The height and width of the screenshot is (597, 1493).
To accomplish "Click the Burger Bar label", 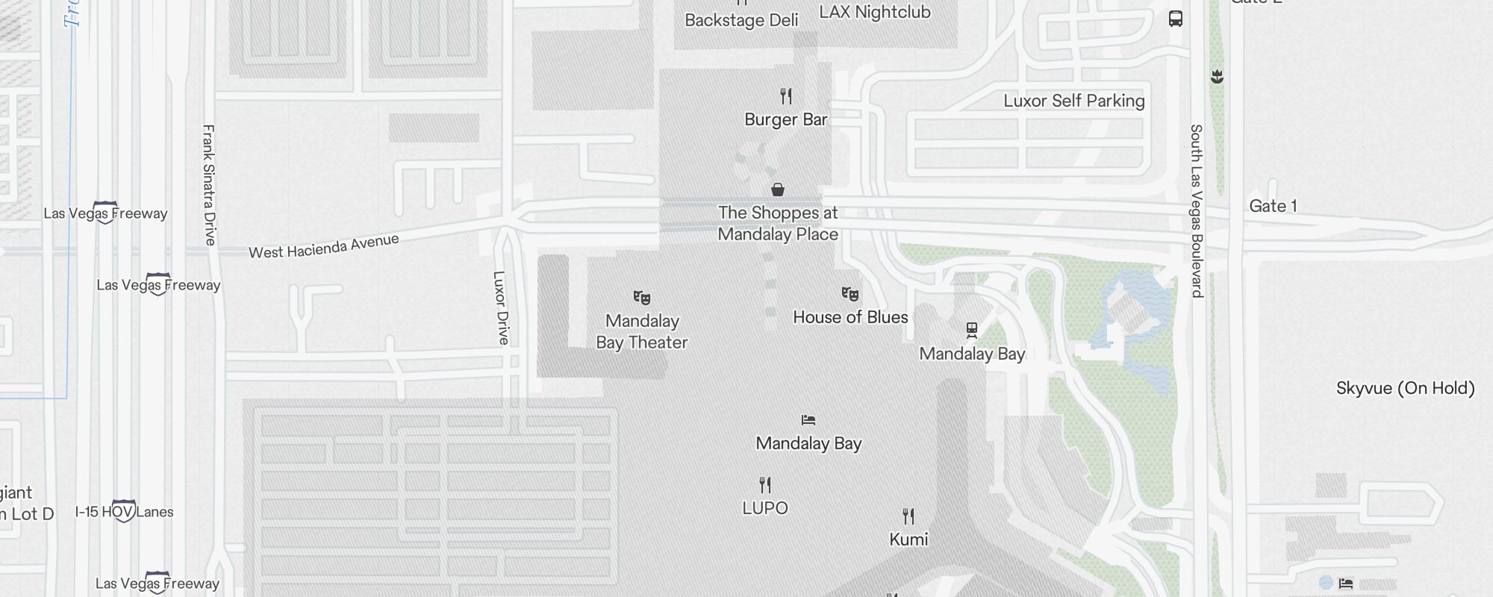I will coord(785,119).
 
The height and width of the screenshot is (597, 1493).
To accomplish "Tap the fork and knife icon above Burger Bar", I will coord(786,96).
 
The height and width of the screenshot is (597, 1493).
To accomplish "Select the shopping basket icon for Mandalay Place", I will coord(778,190).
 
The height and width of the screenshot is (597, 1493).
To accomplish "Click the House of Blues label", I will coord(850,317).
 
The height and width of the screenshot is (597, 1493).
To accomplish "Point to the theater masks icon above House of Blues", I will coord(850,294).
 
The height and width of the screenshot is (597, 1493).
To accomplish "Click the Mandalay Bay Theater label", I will coord(642,331).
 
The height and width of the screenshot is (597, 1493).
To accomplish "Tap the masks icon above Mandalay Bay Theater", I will coord(642,298).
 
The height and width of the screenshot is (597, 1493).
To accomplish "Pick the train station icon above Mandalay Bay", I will coord(972,329).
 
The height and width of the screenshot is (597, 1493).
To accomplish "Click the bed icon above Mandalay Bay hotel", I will coord(808,420).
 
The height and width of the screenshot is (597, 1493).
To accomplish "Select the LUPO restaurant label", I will coord(765,508).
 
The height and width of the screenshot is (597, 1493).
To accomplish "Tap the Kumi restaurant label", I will coord(908,540).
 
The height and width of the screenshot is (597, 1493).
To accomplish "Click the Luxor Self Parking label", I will coord(1073,101).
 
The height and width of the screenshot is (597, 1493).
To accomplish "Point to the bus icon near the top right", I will coord(1176,19).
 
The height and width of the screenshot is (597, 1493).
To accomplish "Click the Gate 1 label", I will coord(1273,206).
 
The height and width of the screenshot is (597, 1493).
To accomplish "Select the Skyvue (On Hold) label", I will coord(1405,388).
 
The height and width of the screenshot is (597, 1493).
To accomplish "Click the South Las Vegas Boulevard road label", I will coord(1197,210).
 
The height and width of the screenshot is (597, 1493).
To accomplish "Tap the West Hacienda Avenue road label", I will coord(324,246).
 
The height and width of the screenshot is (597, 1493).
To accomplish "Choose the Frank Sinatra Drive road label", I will coord(209,184).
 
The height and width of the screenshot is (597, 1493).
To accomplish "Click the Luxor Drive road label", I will coord(501,307).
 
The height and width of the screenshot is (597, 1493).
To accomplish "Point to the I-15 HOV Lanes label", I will coord(124,512).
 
